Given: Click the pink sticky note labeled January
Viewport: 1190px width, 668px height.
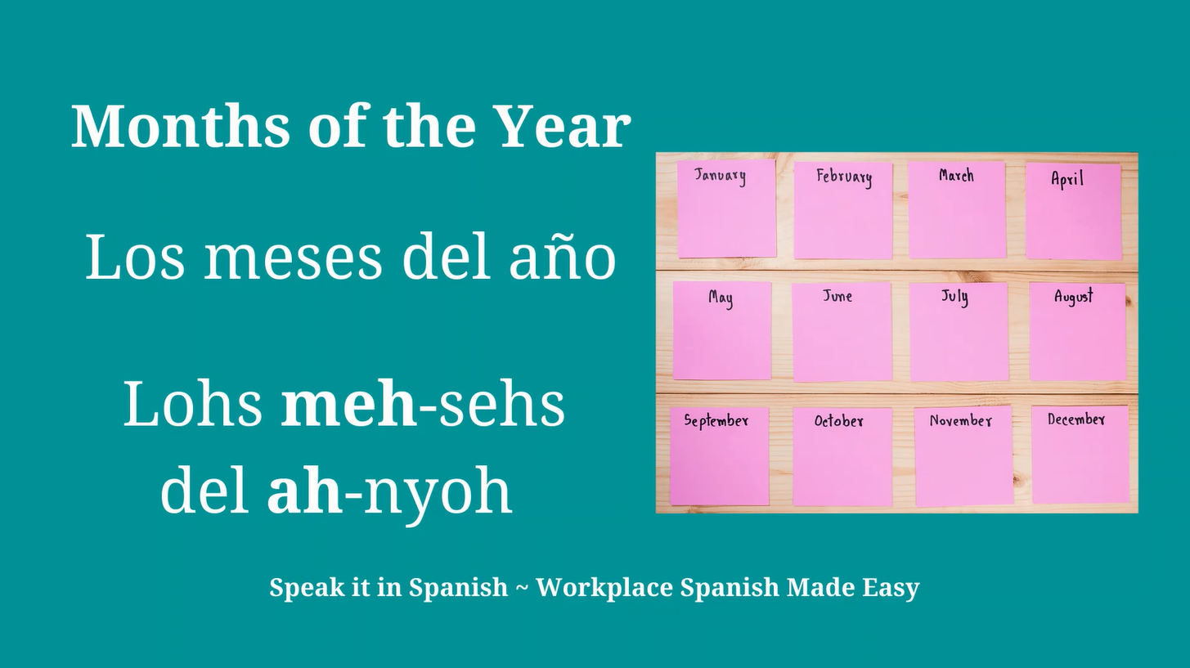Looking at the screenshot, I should click(725, 208).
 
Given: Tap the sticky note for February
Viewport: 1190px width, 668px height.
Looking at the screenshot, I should click(842, 211).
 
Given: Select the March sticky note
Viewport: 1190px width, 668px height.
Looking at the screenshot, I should click(957, 209).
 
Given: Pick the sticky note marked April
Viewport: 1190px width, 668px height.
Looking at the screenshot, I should click(1074, 211).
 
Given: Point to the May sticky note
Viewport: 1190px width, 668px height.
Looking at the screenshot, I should click(722, 330).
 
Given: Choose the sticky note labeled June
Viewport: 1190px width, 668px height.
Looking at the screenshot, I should click(841, 332).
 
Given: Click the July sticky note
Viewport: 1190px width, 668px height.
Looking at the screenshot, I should click(958, 332).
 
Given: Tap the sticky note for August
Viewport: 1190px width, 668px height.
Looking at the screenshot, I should click(1077, 332).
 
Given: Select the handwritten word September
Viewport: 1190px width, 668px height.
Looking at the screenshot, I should click(716, 421).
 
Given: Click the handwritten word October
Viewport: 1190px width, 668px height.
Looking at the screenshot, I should click(838, 421).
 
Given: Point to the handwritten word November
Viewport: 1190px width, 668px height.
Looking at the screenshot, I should click(960, 421).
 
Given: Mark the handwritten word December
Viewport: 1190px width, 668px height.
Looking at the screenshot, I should click(1076, 419).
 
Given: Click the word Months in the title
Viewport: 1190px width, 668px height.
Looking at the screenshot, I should click(181, 127).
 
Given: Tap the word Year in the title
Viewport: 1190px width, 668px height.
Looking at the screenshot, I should click(562, 127).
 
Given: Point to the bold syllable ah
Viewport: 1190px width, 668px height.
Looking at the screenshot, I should click(304, 491).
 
